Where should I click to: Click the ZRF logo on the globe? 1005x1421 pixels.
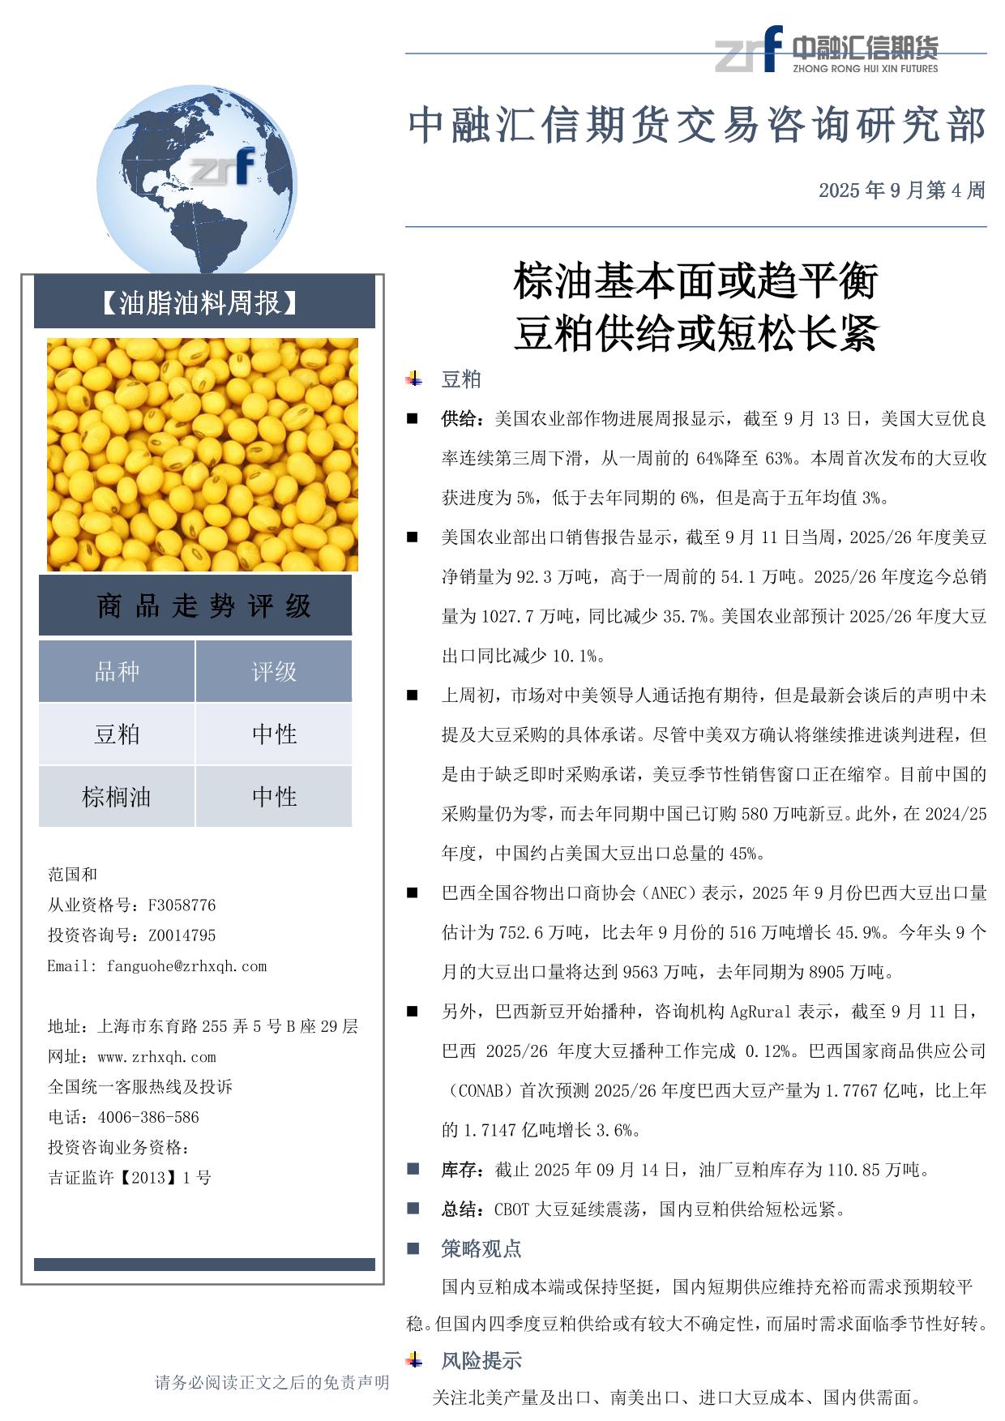pyautogui.click(x=223, y=167)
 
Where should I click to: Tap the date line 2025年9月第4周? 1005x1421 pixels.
pyautogui.click(x=901, y=190)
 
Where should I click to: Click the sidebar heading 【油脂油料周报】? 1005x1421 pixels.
pyautogui.click(x=199, y=303)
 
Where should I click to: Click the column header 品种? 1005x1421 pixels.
pyautogui.click(x=117, y=671)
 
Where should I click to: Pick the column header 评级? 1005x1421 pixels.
pyautogui.click(x=274, y=671)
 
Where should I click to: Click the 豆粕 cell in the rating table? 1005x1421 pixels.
pyautogui.click(x=117, y=734)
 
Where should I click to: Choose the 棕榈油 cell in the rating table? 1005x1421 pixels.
pyautogui.click(x=117, y=797)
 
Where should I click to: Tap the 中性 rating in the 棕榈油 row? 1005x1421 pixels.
pyautogui.click(x=274, y=797)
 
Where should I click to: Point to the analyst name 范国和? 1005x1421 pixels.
pyautogui.click(x=73, y=875)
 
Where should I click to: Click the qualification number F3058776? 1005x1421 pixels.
pyautogui.click(x=182, y=905)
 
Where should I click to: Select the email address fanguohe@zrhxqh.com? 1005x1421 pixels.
pyautogui.click(x=186, y=966)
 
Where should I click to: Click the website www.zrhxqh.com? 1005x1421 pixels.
pyautogui.click(x=156, y=1057)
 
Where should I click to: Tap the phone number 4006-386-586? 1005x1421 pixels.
pyautogui.click(x=148, y=1117)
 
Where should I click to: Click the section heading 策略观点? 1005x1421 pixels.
pyautogui.click(x=481, y=1248)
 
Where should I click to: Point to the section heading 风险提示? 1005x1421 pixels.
pyautogui.click(x=481, y=1361)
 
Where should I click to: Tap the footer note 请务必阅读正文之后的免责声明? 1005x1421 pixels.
pyautogui.click(x=272, y=1383)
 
